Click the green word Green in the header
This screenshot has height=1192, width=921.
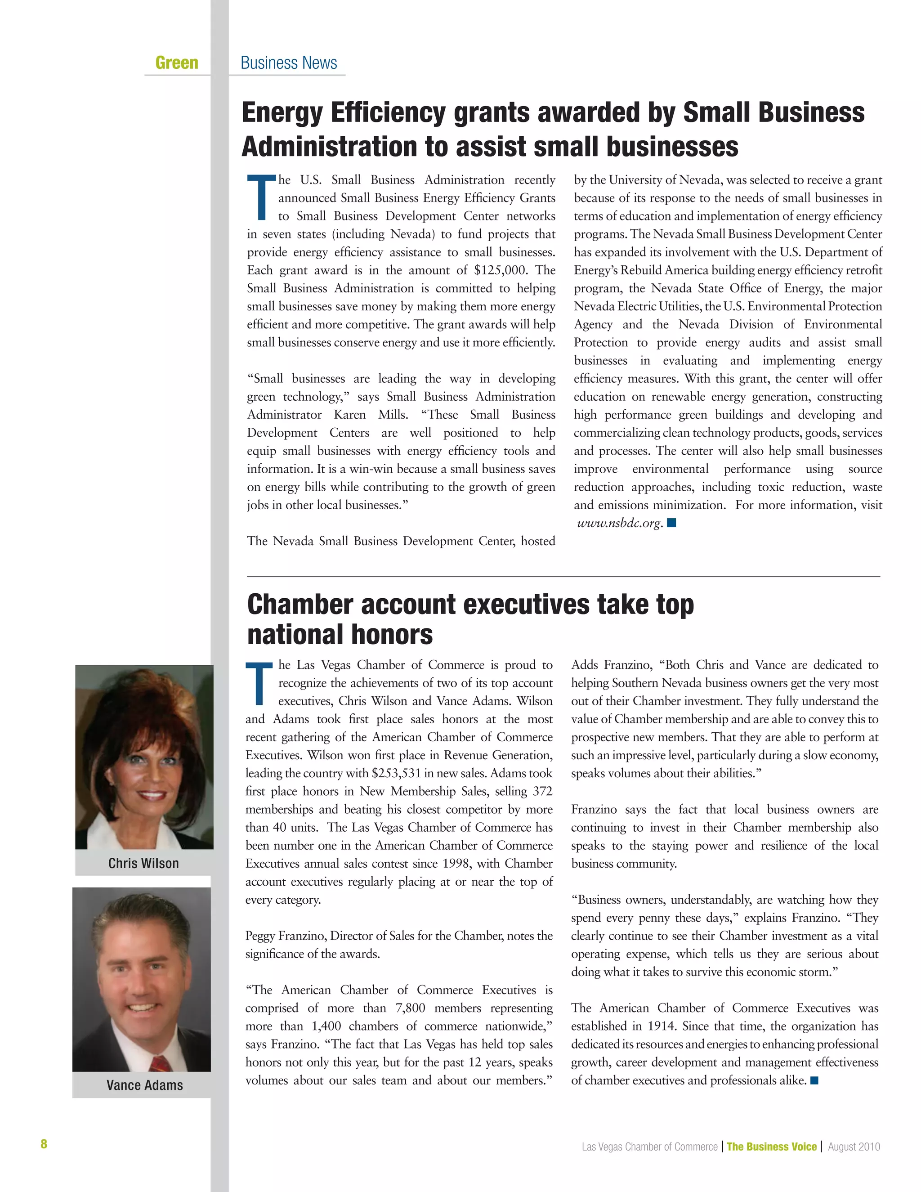[177, 63]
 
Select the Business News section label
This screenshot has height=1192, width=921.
[289, 63]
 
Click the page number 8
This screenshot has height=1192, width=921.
[44, 1144]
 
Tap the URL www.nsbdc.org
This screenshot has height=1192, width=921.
[619, 523]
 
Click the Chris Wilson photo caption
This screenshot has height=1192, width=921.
[143, 863]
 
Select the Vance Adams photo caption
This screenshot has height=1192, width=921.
[145, 1085]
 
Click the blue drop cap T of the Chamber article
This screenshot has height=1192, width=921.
[259, 683]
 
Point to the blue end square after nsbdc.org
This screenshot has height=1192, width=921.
[672, 523]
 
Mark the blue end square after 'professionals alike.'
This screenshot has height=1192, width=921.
[814, 1080]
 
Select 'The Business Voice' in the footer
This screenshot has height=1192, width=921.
[772, 1147]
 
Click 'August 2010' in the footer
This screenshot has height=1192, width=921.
[854, 1147]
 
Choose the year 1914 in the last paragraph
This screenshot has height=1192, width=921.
[661, 1026]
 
